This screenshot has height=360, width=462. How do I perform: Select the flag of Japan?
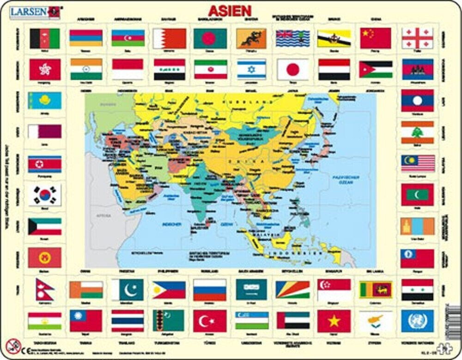(292, 69)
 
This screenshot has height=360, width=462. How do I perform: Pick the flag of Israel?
(252, 69)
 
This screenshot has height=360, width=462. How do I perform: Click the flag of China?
(375, 39)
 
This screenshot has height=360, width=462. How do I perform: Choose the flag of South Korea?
(44, 195)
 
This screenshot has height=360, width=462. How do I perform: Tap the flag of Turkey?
(209, 320)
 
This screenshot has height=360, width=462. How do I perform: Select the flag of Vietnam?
(334, 320)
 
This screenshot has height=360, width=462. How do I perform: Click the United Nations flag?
(417, 320)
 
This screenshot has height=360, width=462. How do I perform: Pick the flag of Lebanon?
(417, 132)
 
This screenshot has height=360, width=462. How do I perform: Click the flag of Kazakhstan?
(44, 101)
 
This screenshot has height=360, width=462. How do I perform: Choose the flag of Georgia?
(417, 39)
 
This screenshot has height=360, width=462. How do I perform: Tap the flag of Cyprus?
(375, 320)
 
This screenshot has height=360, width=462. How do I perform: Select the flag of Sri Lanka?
(375, 289)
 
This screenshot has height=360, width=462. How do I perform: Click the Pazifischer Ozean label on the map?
(346, 178)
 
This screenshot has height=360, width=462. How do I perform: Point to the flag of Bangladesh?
(210, 39)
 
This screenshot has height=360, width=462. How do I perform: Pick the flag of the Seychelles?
(293, 289)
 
